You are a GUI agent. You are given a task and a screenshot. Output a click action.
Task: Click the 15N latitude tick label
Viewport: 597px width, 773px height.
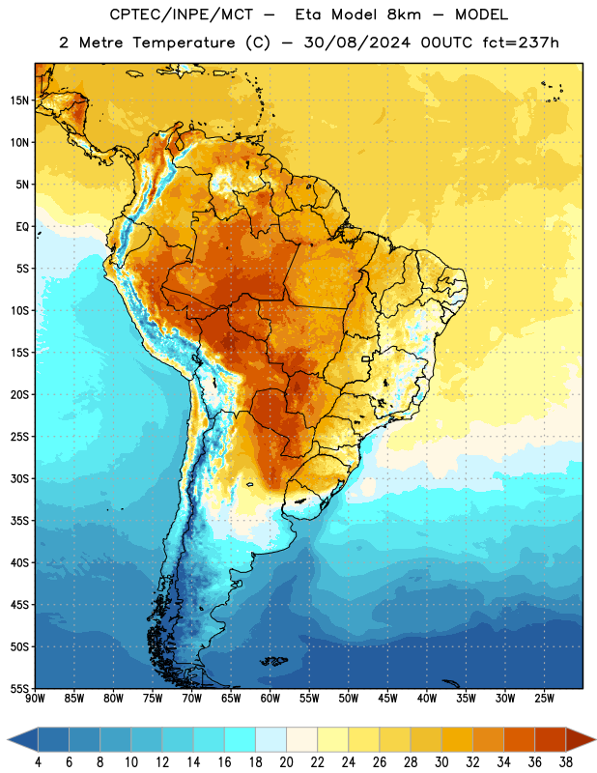(19, 100)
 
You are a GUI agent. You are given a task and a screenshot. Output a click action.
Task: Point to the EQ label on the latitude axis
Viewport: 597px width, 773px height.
(22, 227)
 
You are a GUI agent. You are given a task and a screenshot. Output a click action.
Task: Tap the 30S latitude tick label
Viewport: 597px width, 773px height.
(19, 478)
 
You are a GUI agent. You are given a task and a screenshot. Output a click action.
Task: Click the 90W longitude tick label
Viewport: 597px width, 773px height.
(35, 699)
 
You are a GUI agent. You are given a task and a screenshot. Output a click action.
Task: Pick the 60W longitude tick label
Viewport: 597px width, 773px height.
(270, 699)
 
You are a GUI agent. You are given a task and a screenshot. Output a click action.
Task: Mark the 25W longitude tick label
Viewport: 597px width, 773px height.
(544, 699)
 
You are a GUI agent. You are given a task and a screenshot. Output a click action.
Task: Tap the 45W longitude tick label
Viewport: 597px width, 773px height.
(387, 699)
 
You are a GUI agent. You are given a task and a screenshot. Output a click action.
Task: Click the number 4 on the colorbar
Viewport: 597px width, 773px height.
(38, 762)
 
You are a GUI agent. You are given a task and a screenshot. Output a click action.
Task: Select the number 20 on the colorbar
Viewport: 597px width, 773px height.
(286, 762)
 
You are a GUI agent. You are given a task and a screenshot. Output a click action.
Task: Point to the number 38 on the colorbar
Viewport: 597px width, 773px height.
(566, 762)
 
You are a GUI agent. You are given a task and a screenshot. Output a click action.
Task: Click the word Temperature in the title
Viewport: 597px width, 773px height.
(184, 43)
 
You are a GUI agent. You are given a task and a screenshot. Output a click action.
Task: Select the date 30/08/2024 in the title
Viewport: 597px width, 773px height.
(356, 43)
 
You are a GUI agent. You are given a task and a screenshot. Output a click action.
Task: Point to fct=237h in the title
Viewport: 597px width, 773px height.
(521, 43)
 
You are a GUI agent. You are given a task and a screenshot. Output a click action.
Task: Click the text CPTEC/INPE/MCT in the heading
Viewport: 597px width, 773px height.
(182, 14)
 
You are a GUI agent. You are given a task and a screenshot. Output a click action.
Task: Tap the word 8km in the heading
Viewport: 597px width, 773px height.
(404, 14)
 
